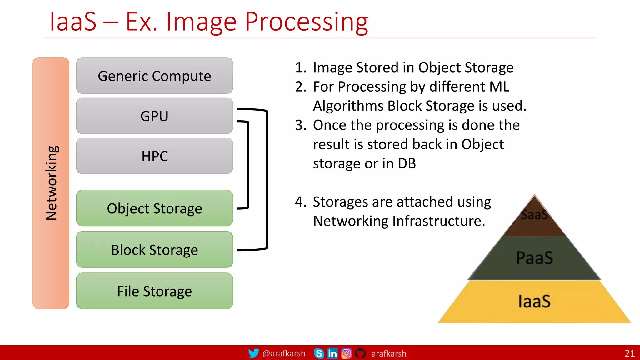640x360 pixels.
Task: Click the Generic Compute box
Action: point(154,76)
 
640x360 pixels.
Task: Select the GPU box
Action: point(154,116)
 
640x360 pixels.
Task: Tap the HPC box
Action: point(154,156)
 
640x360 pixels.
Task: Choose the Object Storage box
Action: point(154,208)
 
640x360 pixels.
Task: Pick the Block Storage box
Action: point(154,250)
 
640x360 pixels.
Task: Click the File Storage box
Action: point(154,291)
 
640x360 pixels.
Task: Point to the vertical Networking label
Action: point(51,183)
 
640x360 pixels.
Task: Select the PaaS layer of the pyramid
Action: point(534,258)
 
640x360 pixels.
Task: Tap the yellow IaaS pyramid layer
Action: point(534,302)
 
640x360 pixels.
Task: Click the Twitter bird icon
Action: point(253,353)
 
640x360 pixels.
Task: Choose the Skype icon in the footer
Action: point(319,353)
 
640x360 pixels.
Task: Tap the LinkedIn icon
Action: point(332,353)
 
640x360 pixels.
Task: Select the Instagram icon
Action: point(346,353)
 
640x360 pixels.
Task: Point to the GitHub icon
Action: point(360,353)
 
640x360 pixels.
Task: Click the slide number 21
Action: point(629,353)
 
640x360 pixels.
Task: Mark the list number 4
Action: point(300,202)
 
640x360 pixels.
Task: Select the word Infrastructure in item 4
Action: point(438,221)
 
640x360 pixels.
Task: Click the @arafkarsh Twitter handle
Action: point(284,353)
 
